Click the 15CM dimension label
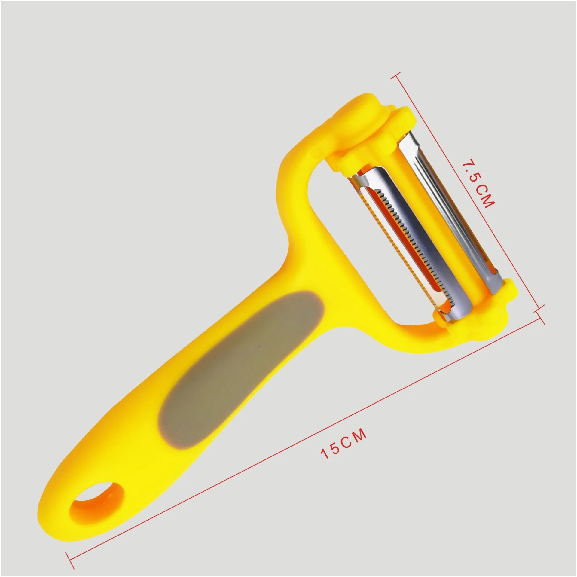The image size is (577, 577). [344, 448]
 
